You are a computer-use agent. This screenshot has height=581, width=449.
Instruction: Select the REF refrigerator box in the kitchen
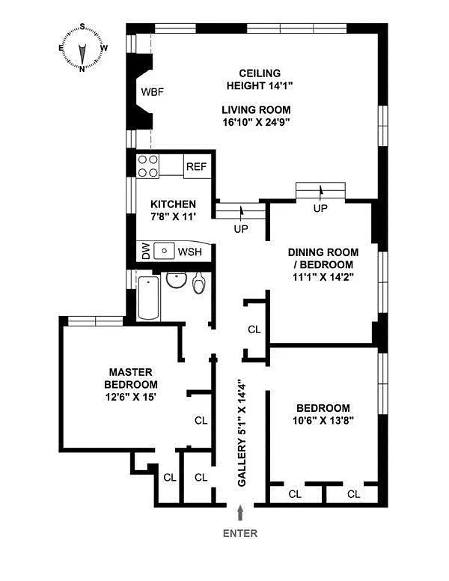pos(195,167)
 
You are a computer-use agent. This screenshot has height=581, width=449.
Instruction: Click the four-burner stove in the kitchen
pos(147,166)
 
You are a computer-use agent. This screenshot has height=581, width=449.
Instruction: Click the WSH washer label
pos(189,252)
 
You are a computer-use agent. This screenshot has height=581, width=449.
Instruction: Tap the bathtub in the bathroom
pos(148,297)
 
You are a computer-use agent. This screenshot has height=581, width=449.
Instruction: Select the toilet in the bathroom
pos(199,283)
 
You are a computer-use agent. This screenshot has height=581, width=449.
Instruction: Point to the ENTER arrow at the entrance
pos(239,513)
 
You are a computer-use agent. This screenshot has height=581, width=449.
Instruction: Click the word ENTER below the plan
pos(239,534)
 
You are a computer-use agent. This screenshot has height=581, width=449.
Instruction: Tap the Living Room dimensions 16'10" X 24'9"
pos(256,121)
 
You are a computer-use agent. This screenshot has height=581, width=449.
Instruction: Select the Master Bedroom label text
pos(130,378)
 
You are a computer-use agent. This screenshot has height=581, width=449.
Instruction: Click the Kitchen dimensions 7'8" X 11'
pos(173,219)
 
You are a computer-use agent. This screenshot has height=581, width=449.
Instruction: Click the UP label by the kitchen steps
pos(240,229)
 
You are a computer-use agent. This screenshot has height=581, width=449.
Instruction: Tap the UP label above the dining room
pos(320,208)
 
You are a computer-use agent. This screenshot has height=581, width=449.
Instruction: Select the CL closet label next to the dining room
pos(254,329)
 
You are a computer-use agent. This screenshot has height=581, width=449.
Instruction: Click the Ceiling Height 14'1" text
pos(259,79)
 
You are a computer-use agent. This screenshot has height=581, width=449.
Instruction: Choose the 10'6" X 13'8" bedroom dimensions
pos(323,421)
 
